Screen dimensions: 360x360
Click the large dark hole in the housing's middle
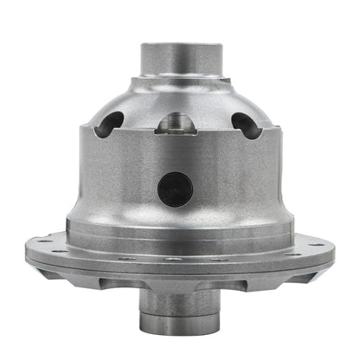click(175, 189)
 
